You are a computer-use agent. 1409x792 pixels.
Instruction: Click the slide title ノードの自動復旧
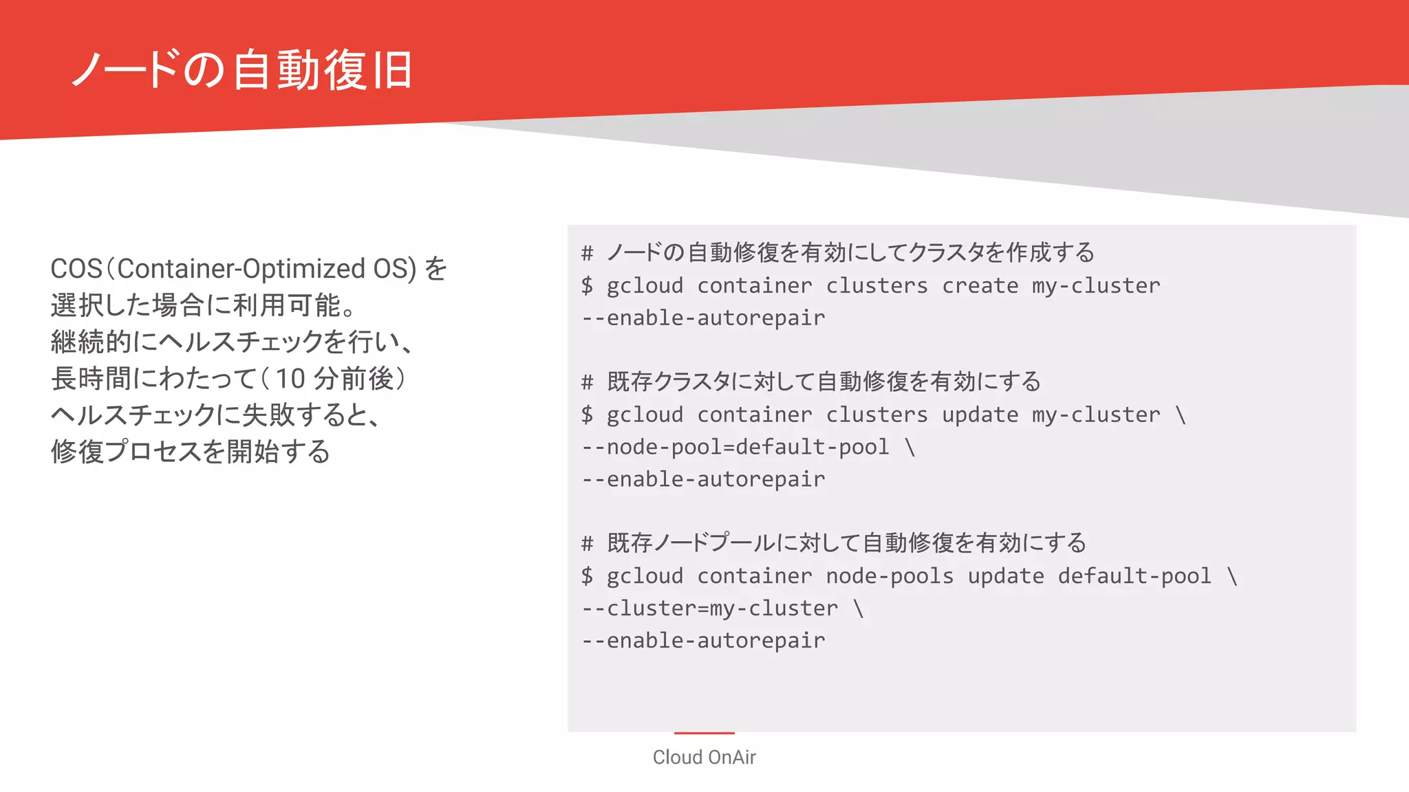(x=242, y=70)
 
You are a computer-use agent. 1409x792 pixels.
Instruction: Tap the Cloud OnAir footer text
(x=704, y=757)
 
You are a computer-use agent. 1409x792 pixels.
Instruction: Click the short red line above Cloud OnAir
(x=704, y=733)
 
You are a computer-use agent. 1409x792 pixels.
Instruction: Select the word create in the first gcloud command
(x=980, y=285)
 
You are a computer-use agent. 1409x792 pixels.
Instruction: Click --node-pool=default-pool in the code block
(x=735, y=447)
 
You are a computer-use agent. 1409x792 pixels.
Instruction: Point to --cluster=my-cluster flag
(x=710, y=608)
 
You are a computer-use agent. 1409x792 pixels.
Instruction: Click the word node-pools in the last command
(x=890, y=576)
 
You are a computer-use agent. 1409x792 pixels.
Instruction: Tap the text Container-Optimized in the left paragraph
(x=241, y=269)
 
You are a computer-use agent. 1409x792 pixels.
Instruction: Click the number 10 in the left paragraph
(x=290, y=379)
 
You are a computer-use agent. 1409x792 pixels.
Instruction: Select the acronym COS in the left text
(x=76, y=269)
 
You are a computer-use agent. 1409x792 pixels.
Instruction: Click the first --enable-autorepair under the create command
(x=703, y=318)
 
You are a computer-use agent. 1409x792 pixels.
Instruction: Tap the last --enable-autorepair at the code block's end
(x=703, y=641)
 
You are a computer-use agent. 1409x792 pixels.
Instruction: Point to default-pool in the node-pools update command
(x=1134, y=576)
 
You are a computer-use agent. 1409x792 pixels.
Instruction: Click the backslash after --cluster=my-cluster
(x=858, y=608)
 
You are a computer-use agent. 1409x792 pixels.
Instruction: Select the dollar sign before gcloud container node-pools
(x=587, y=576)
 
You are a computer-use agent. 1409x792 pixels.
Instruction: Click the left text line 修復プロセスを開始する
(x=191, y=452)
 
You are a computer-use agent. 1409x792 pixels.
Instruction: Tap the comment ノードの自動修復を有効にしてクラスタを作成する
(x=850, y=253)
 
